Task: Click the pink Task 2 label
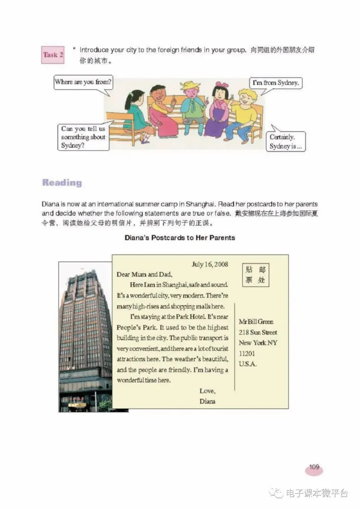coord(53,55)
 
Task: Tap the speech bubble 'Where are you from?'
coord(83,83)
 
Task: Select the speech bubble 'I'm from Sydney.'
coord(275,83)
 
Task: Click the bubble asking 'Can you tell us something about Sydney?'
coord(84,137)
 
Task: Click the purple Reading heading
coord(62,183)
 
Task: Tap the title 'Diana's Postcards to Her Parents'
coord(180,237)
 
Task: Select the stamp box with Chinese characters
coord(255,275)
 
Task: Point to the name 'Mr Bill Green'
coord(256,322)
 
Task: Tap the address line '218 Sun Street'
coord(258,332)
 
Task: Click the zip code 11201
coord(247,353)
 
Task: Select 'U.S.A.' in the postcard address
coord(248,364)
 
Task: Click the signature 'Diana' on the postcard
coord(207,401)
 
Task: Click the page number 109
coord(314,468)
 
